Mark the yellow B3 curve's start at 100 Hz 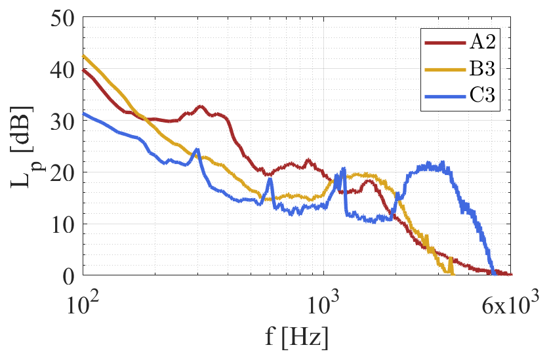coord(83,56)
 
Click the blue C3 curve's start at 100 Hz coord(83,113)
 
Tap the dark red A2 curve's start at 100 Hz coord(83,70)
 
